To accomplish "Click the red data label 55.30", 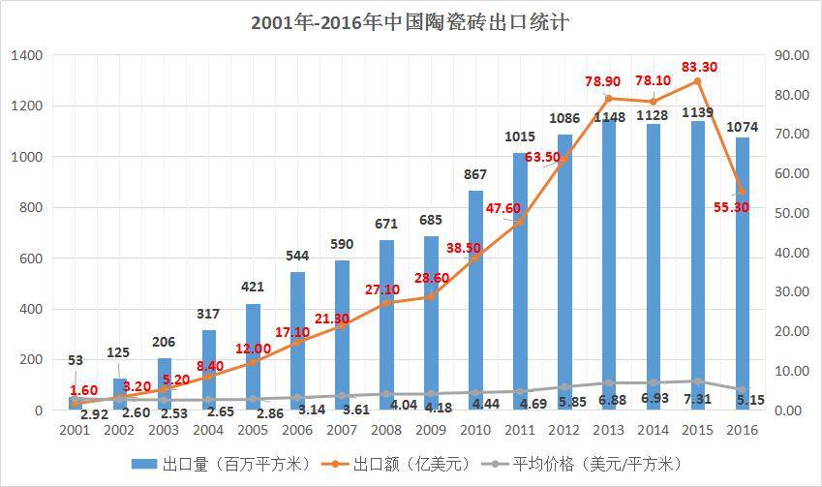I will coord(729,207).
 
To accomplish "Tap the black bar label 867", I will coord(474,174).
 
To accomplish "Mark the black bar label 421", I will coord(252,287).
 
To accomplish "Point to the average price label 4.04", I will coord(402,405).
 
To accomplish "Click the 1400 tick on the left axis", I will coord(26,55).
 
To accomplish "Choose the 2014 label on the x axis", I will coord(653,429).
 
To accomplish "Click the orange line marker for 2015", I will coord(697,81).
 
